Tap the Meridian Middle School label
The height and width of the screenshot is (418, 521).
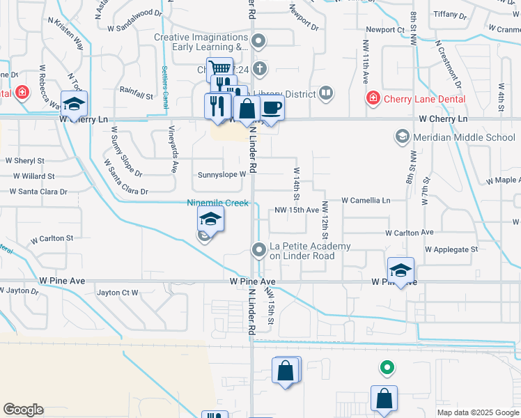click(463, 137)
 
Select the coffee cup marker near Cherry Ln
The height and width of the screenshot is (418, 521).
click(272, 107)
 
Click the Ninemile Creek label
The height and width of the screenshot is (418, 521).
click(217, 203)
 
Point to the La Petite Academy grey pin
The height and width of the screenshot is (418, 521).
click(259, 249)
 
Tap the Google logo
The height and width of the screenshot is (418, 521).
click(23, 410)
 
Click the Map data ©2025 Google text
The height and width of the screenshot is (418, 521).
click(477, 412)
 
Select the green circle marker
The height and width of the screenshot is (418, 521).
click(385, 366)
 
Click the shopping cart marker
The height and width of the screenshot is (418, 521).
click(220, 69)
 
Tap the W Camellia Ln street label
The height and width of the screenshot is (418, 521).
click(366, 200)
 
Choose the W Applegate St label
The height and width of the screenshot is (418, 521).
click(451, 249)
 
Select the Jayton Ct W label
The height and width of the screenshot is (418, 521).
click(118, 293)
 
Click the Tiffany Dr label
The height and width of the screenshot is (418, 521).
click(464, 14)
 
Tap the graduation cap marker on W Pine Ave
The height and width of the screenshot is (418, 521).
click(401, 270)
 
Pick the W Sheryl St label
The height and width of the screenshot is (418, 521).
click(25, 160)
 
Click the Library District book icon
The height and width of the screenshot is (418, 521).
click(325, 93)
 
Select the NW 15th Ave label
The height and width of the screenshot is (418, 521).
click(297, 210)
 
